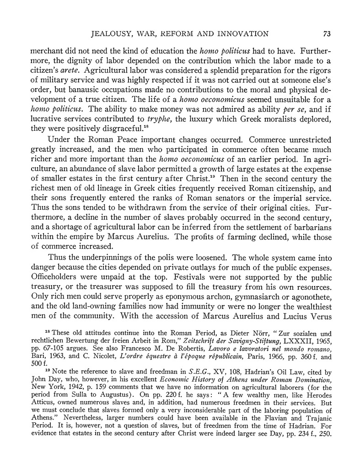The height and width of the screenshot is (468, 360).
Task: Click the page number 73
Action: pos(327,33)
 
